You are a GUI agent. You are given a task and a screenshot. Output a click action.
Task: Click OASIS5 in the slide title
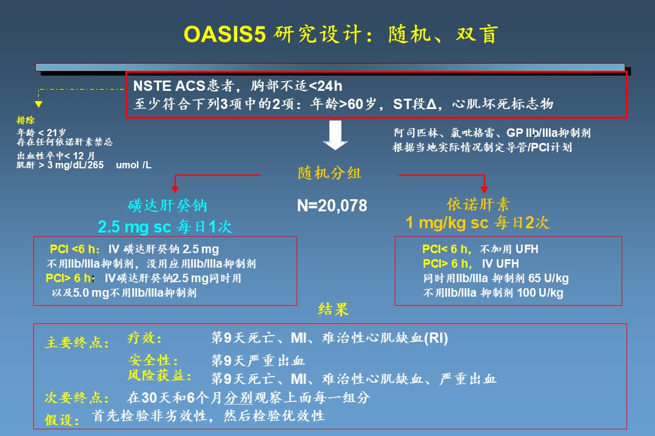point(225,34)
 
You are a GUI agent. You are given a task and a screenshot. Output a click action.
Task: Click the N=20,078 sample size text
point(332,206)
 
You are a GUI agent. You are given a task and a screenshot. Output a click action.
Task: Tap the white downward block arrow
point(335,135)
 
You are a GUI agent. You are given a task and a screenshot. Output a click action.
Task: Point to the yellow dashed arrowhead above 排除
point(38,104)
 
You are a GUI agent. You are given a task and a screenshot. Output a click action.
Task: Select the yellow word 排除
point(25,120)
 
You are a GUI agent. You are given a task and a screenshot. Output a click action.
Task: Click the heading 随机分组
point(329,173)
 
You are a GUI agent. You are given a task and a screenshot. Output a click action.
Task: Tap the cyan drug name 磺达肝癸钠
point(167,205)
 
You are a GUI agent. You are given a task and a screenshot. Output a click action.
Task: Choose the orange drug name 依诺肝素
point(479,204)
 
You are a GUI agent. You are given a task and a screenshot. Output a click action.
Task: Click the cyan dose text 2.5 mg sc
point(135,227)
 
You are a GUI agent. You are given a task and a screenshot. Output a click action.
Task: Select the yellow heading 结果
point(333,309)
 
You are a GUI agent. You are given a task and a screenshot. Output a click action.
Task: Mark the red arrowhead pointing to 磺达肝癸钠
point(175,190)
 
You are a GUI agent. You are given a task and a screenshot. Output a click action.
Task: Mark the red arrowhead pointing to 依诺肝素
point(484,190)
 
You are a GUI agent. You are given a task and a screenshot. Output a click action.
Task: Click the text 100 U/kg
point(540,293)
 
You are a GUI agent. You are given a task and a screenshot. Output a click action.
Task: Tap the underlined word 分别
point(238,397)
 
